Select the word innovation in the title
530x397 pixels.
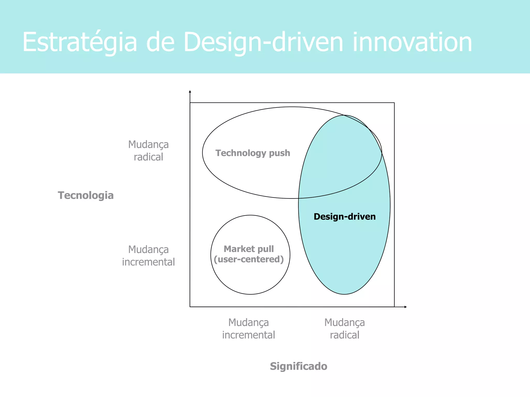click(x=412, y=42)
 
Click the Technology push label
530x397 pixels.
click(x=253, y=153)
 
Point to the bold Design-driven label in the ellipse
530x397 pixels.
click(x=344, y=217)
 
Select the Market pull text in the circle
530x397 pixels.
click(x=248, y=249)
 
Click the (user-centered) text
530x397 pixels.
click(x=248, y=259)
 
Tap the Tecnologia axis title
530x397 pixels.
click(x=86, y=195)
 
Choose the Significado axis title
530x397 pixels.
click(x=298, y=366)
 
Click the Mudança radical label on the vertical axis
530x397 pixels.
click(x=148, y=151)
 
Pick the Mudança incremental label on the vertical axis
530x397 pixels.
click(x=148, y=256)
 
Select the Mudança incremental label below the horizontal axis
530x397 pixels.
click(x=248, y=329)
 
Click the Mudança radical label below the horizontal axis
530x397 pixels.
click(x=344, y=329)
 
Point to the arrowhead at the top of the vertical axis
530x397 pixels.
click(x=190, y=91)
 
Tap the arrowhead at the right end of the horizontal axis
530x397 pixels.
click(x=406, y=307)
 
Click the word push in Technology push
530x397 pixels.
click(x=279, y=153)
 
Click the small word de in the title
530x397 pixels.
click(x=160, y=42)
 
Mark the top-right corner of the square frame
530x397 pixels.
click(x=394, y=103)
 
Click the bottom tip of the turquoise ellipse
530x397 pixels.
click(x=344, y=294)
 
